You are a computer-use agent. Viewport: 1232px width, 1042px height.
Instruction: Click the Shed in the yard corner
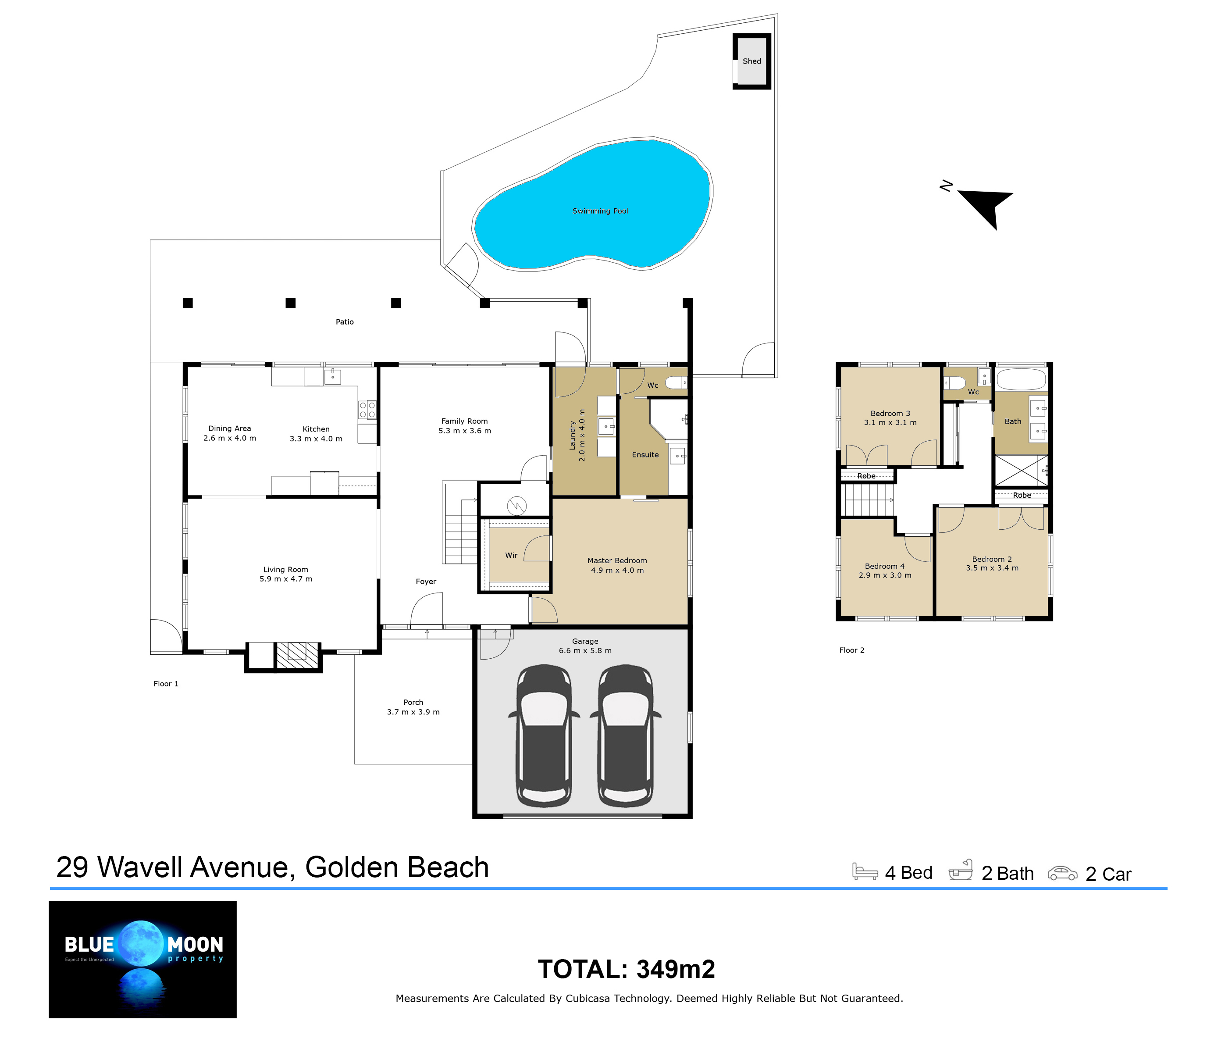point(752,61)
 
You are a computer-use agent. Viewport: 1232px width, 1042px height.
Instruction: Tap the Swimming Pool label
point(600,211)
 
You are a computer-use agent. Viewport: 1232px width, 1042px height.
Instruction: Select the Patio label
point(345,322)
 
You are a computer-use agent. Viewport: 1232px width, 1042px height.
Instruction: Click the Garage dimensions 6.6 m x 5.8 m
point(585,650)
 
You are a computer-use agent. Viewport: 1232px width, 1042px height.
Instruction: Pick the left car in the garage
point(544,735)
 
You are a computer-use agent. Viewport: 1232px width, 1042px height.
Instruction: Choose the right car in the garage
point(626,735)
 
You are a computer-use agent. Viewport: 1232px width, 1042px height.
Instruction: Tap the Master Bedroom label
point(617,560)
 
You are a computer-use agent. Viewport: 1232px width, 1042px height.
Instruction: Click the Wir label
point(512,555)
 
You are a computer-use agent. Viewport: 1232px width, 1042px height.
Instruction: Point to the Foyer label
point(426,582)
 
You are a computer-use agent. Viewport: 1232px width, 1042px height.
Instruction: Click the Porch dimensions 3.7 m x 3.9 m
point(413,712)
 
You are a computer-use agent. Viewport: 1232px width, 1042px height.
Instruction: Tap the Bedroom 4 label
point(885,566)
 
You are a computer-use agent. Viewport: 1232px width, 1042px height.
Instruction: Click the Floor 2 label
point(851,650)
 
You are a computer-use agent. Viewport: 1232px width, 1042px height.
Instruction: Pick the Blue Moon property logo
point(143,959)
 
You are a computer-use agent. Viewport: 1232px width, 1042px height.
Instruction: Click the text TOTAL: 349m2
point(626,969)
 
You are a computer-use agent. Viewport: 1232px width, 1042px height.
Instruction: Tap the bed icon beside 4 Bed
point(865,872)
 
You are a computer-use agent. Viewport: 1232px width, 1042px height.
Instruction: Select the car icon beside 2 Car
point(1062,873)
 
